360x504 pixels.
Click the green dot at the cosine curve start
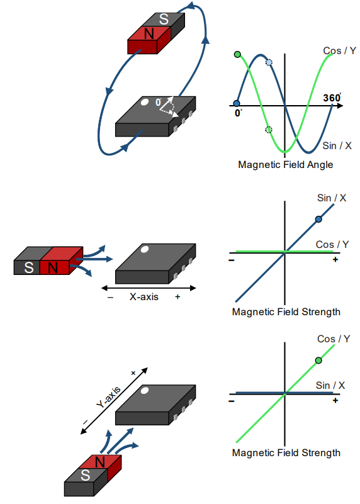pos(237,54)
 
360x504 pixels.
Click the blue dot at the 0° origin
pos(237,103)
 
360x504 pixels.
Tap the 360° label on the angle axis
pos(332,98)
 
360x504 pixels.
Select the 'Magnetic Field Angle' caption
pos(286,165)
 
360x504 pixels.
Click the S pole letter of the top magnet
pos(164,20)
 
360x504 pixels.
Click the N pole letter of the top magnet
pos(149,34)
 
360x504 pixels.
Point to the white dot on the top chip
pos(145,102)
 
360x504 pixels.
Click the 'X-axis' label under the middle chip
pos(144,296)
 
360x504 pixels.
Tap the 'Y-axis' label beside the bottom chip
pos(109,397)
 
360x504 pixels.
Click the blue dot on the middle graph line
pos(318,219)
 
